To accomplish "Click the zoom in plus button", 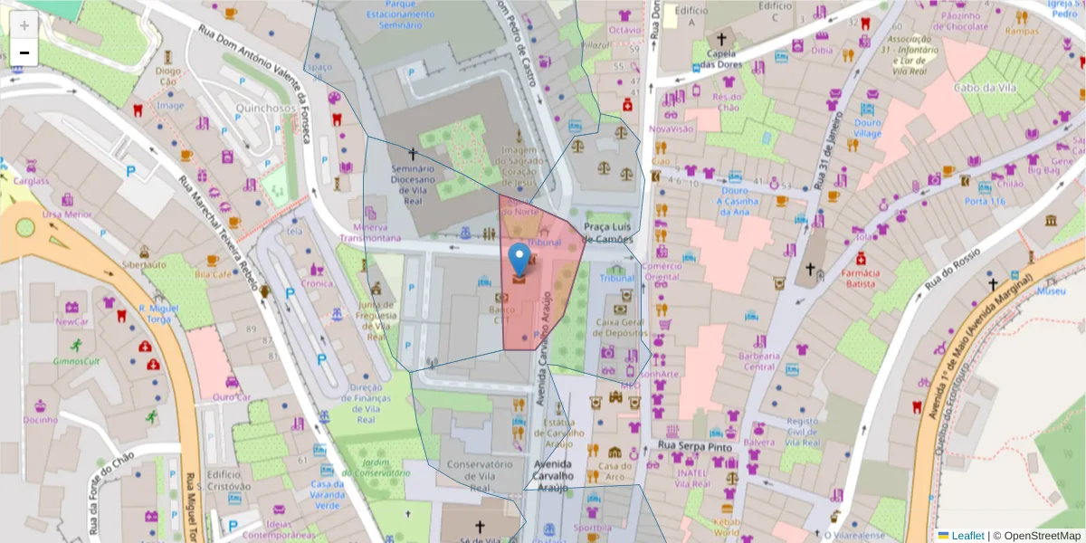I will pos(24,25).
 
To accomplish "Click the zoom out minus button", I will pos(24,52).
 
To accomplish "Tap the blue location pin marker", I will pos(519,258).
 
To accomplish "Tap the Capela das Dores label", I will pos(720,59).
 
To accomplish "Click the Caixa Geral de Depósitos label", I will pos(619,327).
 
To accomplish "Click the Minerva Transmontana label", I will pos(370,233).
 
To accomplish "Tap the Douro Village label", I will pos(867,128).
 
